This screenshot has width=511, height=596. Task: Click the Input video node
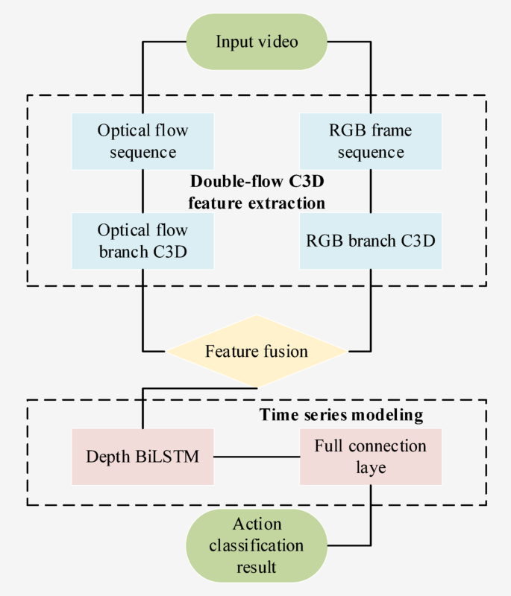pyautogui.click(x=257, y=41)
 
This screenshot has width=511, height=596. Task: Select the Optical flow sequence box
pyautogui.click(x=142, y=141)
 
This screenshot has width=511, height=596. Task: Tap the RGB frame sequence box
pyautogui.click(x=370, y=141)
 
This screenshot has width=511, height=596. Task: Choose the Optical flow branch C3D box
pyautogui.click(x=142, y=240)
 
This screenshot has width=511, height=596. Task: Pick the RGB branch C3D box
pyautogui.click(x=370, y=241)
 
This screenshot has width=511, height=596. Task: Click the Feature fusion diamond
pyautogui.click(x=257, y=351)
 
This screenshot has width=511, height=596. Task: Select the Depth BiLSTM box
pyautogui.click(x=142, y=455)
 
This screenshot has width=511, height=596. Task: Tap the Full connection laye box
pyautogui.click(x=370, y=455)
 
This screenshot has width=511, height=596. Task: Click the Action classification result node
pyautogui.click(x=257, y=545)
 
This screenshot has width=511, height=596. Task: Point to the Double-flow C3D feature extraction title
pyautogui.click(x=257, y=191)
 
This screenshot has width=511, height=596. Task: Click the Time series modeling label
pyautogui.click(x=341, y=413)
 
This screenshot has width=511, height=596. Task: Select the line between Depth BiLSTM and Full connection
pyautogui.click(x=257, y=455)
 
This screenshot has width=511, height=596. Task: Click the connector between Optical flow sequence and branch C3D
pyautogui.click(x=142, y=191)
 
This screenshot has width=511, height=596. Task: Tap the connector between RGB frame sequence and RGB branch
pyautogui.click(x=370, y=191)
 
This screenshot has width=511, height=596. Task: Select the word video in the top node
pyautogui.click(x=278, y=41)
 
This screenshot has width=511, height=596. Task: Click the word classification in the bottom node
pyautogui.click(x=257, y=545)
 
